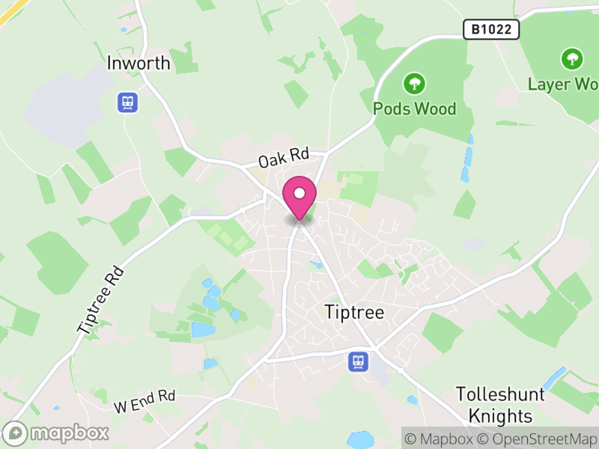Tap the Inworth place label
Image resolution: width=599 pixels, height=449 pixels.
click(x=139, y=64)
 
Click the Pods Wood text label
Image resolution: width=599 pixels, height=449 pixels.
click(x=414, y=109)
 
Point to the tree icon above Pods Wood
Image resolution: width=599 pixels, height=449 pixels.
click(x=414, y=82)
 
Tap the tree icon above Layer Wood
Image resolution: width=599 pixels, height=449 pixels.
click(x=572, y=58)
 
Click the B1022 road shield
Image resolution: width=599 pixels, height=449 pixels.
click(x=491, y=29)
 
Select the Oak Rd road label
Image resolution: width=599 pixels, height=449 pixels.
click(x=284, y=158)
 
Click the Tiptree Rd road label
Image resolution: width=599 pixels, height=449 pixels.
click(x=99, y=297)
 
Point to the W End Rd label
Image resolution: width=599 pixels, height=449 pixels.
click(x=145, y=401)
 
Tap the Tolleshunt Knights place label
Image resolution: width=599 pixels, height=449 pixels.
click(x=494, y=405)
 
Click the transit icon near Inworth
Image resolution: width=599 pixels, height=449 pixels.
click(x=127, y=102)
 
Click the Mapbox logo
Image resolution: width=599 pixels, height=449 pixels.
click(x=57, y=433)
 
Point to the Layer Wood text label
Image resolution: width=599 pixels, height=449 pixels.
click(x=563, y=84)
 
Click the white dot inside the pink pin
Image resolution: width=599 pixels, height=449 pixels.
click(x=299, y=193)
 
